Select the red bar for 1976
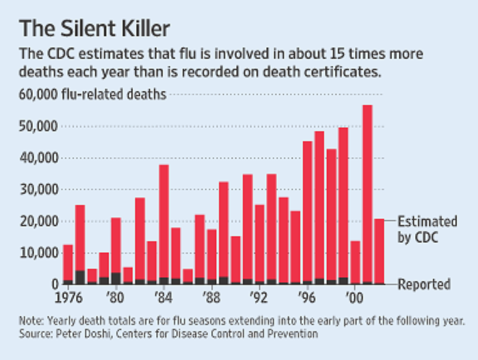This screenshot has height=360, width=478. click(x=68, y=262)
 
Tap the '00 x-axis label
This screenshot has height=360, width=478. click(x=354, y=296)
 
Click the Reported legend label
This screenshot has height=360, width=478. click(x=424, y=284)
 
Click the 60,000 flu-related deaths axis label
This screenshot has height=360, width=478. click(x=93, y=95)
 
